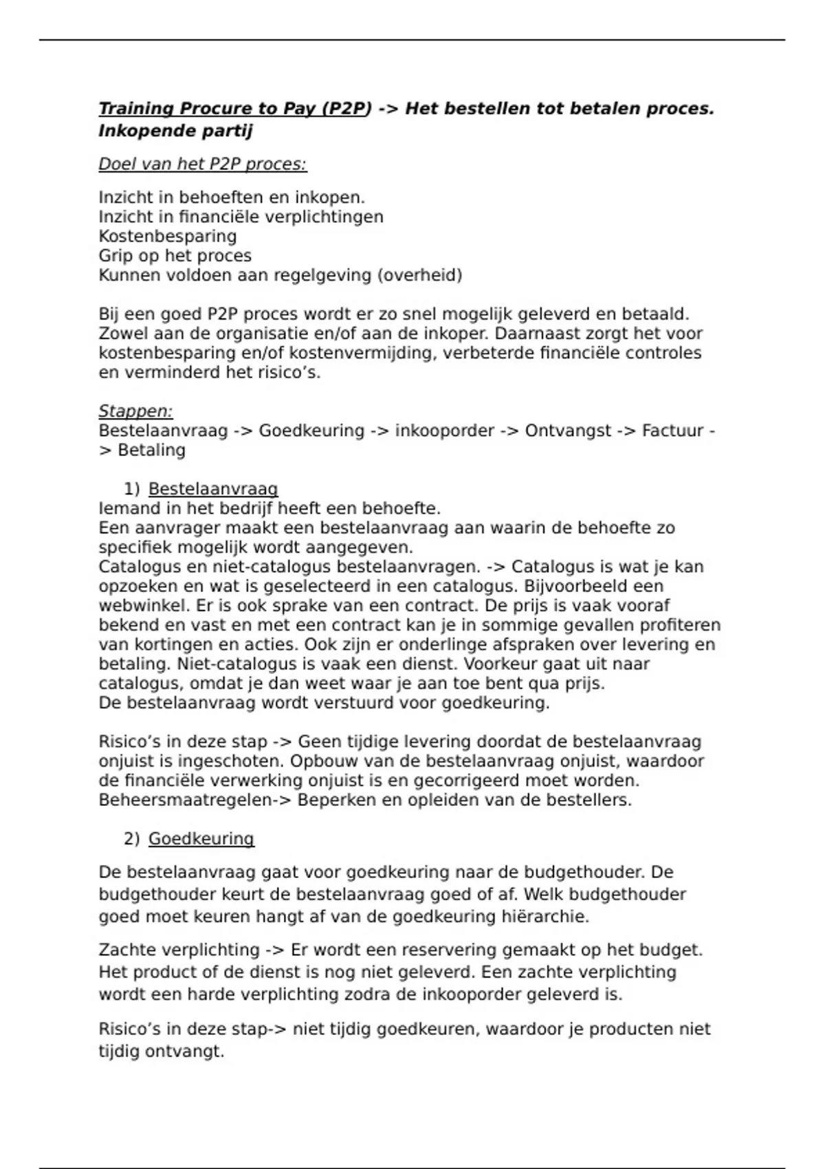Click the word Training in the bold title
click(136, 109)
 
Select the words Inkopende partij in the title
click(175, 131)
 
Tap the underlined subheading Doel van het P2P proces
click(202, 164)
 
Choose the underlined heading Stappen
click(135, 411)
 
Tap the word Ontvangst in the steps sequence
click(568, 431)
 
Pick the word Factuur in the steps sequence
click(672, 431)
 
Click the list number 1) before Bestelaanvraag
click(131, 490)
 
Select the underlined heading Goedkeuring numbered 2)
click(201, 839)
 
